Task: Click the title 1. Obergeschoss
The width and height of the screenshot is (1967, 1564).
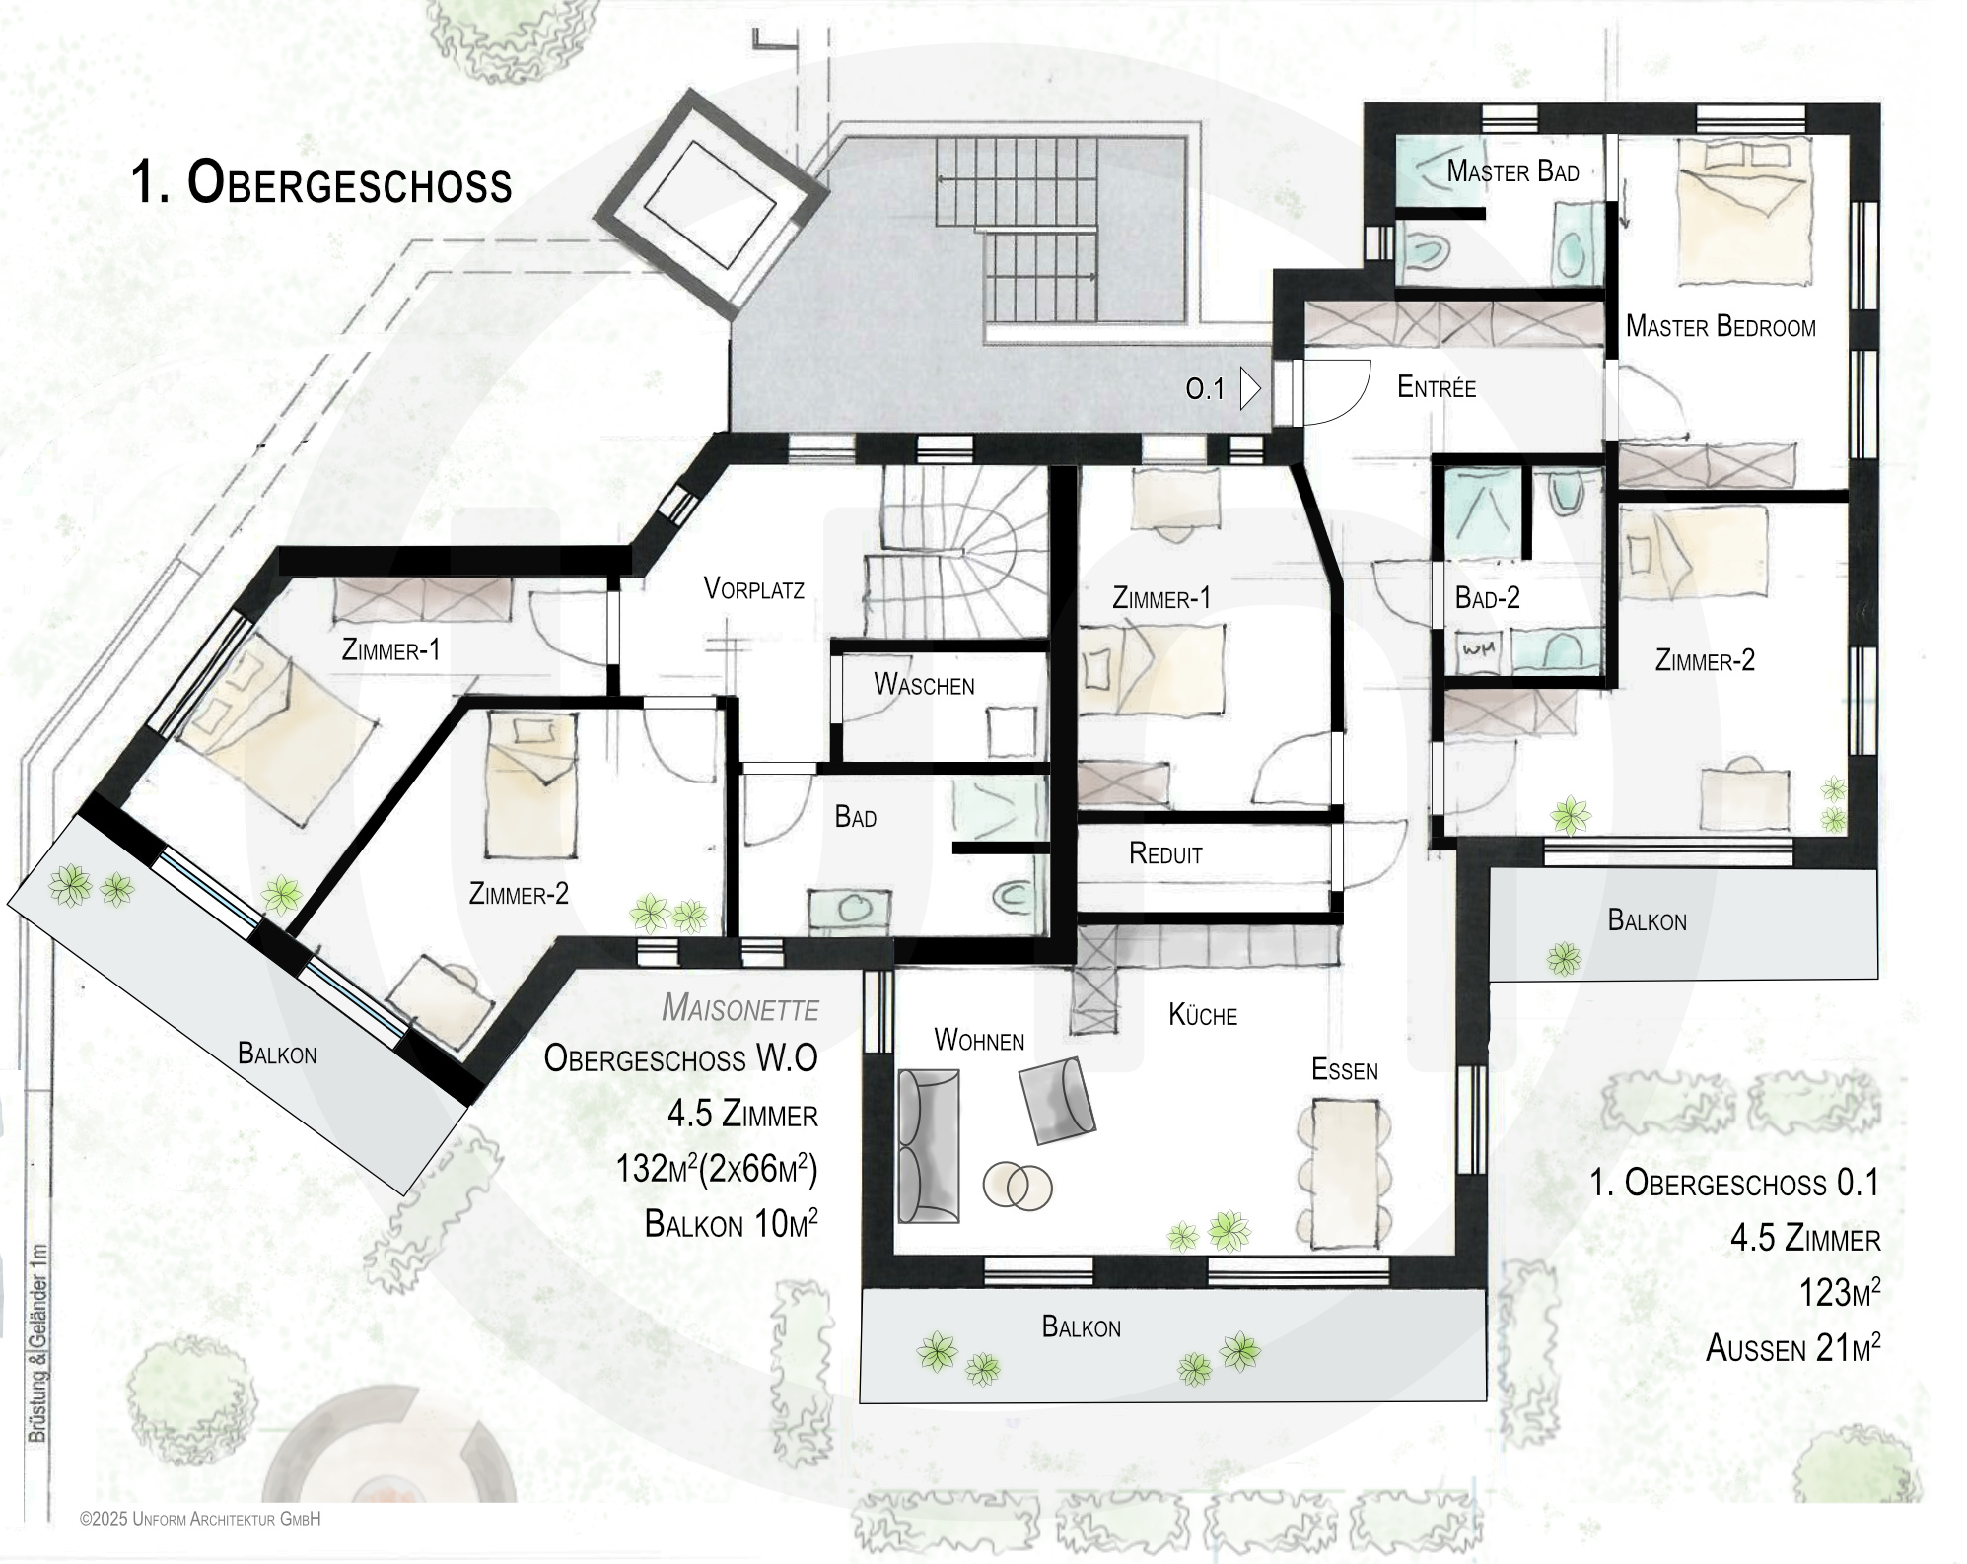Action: (321, 183)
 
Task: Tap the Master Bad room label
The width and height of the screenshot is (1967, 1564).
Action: (1512, 171)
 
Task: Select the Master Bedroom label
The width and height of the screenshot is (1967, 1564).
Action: (1721, 326)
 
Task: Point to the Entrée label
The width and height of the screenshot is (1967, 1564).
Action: (1437, 386)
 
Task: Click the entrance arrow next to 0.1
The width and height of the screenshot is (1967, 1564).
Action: (1250, 388)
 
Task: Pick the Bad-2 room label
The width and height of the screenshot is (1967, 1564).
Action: (1487, 598)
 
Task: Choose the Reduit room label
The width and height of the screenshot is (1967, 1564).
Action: (1165, 854)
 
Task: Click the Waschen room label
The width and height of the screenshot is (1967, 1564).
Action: (924, 685)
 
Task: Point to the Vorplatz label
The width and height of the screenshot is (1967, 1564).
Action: (754, 589)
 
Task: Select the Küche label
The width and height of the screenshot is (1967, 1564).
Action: (1203, 1015)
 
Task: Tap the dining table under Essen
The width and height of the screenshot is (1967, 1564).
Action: (1346, 1174)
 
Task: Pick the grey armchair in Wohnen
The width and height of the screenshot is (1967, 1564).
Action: (1058, 1100)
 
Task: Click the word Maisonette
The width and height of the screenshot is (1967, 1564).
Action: (739, 1008)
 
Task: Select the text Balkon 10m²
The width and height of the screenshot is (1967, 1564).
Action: (731, 1223)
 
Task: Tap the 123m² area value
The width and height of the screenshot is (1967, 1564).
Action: (1839, 1292)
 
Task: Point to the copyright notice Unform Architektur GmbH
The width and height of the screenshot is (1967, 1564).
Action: (201, 1520)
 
